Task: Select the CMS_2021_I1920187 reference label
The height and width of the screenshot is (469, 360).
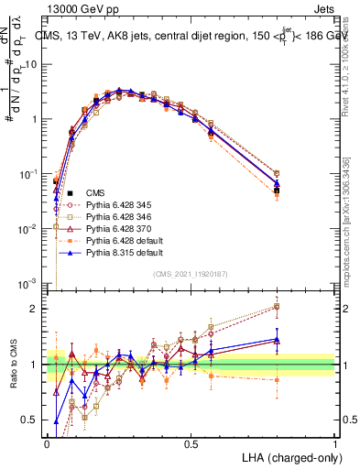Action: (x=191, y=273)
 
